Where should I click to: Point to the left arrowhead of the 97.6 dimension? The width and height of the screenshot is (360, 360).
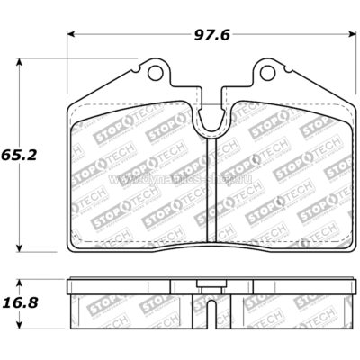click(73, 35)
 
